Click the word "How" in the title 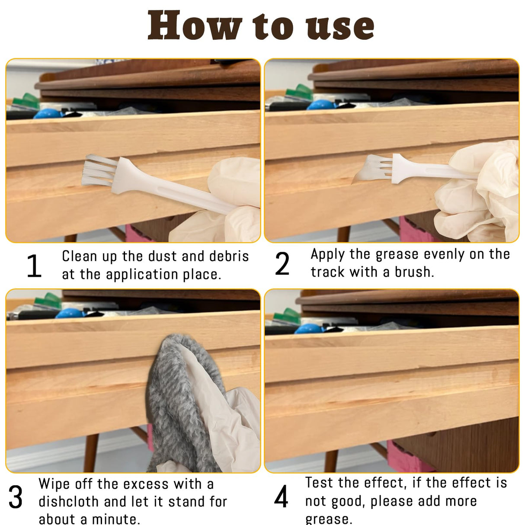(x=195, y=26)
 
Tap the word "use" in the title (x=340, y=27)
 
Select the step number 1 (x=34, y=265)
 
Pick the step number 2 (x=282, y=263)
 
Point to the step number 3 (x=16, y=497)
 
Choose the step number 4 (x=281, y=496)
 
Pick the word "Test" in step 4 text (x=320, y=483)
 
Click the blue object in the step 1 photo (x=48, y=114)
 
